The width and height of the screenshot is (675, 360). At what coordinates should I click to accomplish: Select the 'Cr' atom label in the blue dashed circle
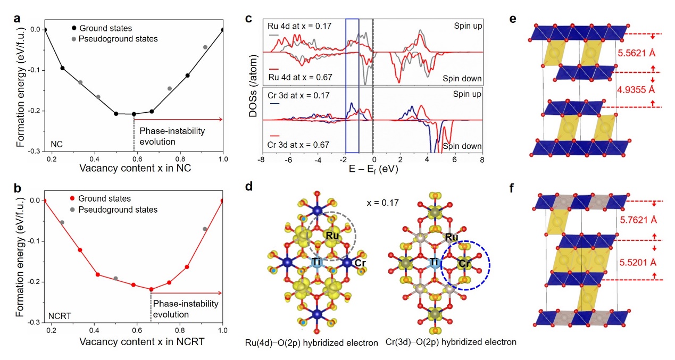point(464,263)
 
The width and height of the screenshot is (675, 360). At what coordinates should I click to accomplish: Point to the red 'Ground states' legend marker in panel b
point(72,199)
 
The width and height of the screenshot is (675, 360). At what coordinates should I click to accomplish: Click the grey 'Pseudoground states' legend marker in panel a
point(72,39)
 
